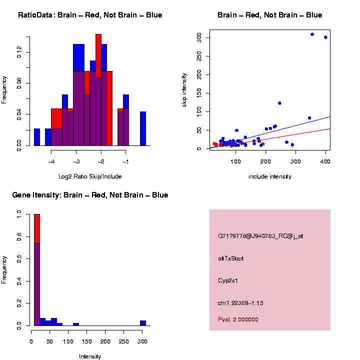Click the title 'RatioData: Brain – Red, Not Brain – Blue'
click(x=90, y=15)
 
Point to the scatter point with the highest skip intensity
click(x=312, y=34)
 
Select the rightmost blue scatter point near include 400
click(x=325, y=37)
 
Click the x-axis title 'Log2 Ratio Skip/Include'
click(x=90, y=176)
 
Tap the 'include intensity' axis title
click(x=270, y=176)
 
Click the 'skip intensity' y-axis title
click(x=184, y=89)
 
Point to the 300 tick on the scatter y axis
click(x=199, y=37)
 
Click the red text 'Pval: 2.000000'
click(x=238, y=319)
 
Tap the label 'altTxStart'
click(x=231, y=258)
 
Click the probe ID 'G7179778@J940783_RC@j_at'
click(x=260, y=236)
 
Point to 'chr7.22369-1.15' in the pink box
click(x=240, y=303)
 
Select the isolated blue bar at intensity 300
click(x=143, y=323)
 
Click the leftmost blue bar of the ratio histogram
click(x=37, y=137)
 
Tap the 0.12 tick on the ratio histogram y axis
click(x=19, y=52)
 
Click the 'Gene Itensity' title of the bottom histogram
click(x=90, y=195)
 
